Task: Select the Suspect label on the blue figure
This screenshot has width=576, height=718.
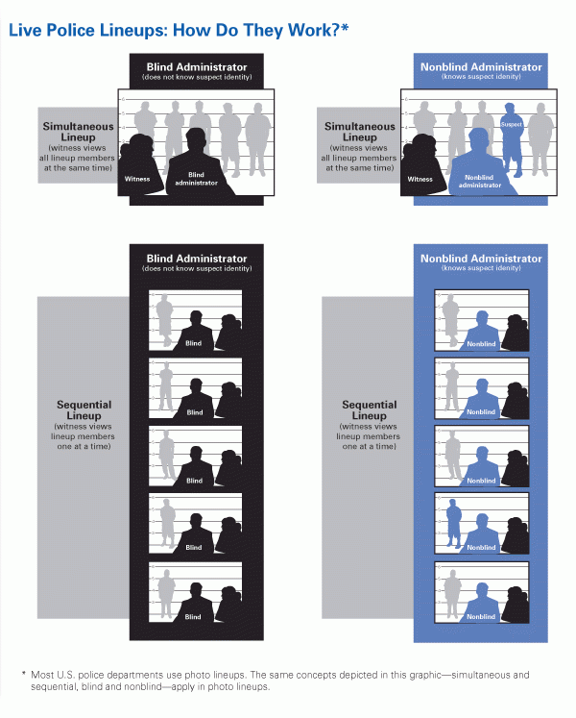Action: [x=510, y=125]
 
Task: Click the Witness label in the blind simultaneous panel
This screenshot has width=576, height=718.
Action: [x=137, y=178]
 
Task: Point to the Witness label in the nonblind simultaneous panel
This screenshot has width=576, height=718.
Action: [x=420, y=178]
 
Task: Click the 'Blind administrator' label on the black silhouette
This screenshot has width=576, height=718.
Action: [x=197, y=179]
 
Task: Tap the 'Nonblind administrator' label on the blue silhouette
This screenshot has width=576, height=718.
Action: [x=480, y=181]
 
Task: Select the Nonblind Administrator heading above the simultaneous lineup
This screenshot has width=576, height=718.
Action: [x=481, y=67]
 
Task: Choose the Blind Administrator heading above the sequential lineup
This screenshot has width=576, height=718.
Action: [x=197, y=259]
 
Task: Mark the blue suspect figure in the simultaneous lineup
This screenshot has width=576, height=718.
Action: [x=510, y=139]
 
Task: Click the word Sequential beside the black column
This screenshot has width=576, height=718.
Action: [x=84, y=405]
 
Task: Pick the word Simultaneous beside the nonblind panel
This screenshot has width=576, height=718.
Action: [x=360, y=127]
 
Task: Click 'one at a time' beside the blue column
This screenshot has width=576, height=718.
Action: [x=370, y=446]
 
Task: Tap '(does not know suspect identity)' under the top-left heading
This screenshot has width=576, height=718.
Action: [x=197, y=77]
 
